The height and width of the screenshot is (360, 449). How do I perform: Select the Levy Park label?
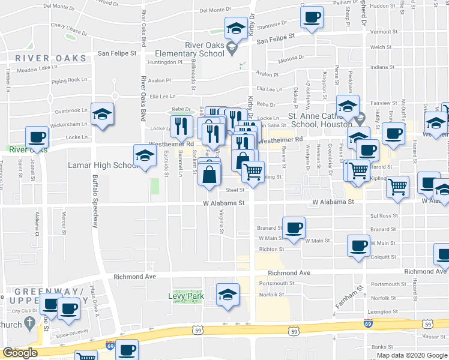[186, 296]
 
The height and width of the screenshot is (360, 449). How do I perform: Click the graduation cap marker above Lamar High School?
[144, 156]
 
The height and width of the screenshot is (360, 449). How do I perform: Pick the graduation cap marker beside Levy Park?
[228, 294]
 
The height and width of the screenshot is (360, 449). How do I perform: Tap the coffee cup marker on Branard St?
[293, 227]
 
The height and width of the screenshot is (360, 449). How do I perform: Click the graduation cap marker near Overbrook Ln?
[103, 113]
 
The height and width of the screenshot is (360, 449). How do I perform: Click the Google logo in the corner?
[19, 353]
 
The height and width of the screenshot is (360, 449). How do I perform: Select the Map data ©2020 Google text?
[412, 355]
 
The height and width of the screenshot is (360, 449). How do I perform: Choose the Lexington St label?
[385, 311]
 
